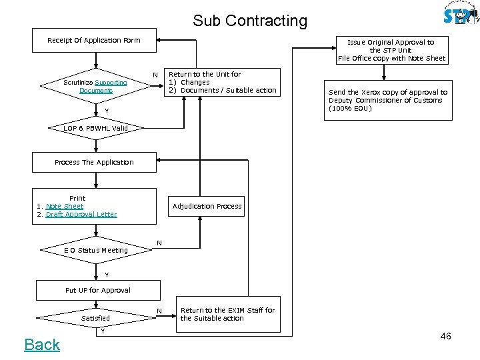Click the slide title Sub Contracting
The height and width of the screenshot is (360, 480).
(x=250, y=21)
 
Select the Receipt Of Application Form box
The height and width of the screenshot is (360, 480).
(x=94, y=40)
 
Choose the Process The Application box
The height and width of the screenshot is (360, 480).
(x=94, y=162)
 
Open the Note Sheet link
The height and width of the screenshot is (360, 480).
(x=65, y=206)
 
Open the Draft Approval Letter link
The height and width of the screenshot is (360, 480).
(x=81, y=214)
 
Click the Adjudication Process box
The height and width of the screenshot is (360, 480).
(x=207, y=206)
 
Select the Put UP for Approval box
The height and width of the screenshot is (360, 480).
(x=97, y=290)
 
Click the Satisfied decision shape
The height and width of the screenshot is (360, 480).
(x=95, y=318)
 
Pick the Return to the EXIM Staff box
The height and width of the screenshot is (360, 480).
(x=228, y=314)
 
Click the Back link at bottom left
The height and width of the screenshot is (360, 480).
(x=42, y=345)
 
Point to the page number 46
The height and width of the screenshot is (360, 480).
(x=445, y=336)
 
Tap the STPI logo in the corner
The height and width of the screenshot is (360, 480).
(x=461, y=15)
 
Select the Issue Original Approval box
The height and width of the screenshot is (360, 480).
(x=391, y=50)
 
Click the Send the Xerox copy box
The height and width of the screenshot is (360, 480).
(x=387, y=100)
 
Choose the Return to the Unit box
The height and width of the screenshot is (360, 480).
(x=222, y=82)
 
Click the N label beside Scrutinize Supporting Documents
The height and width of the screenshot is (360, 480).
(x=155, y=75)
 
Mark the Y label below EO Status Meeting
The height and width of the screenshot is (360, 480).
(x=106, y=275)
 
